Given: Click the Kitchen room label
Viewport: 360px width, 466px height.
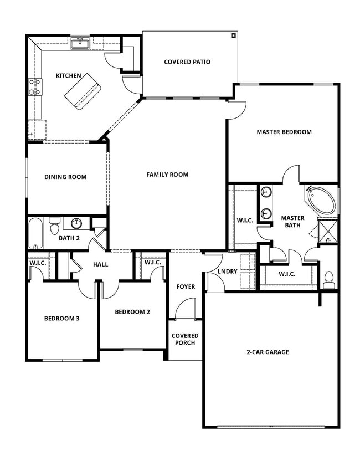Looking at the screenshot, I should tap(69, 76).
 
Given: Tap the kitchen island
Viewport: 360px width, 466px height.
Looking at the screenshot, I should tap(83, 92).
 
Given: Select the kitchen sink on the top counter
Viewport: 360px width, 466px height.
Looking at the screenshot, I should tap(81, 42).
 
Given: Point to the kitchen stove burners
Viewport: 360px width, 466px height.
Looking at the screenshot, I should tap(35, 88).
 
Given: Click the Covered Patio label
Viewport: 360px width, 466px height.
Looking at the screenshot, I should tap(187, 62).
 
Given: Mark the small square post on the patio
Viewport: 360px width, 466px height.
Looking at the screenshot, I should tap(234, 36).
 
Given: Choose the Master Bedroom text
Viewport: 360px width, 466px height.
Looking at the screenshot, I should tap(284, 132).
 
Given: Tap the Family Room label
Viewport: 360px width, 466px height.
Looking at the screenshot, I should tap(167, 175).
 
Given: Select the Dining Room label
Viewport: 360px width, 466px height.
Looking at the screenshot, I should tap(65, 177).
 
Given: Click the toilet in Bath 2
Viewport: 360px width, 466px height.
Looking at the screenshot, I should tap(54, 226).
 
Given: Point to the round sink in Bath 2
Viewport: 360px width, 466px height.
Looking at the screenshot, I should tap(76, 223).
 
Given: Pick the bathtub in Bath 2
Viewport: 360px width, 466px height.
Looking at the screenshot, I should tap(35, 233).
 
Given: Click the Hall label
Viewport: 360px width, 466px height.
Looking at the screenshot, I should tap(101, 264).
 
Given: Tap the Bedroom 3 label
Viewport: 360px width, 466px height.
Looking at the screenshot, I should tap(62, 319).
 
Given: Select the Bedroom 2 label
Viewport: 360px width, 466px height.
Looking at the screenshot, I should tap(132, 312).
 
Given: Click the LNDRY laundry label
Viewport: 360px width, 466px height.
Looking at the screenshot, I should tap(228, 272).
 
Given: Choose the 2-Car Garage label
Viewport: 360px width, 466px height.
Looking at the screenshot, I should tap(268, 352).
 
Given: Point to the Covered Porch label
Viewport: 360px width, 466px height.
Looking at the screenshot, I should tap(185, 339).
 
